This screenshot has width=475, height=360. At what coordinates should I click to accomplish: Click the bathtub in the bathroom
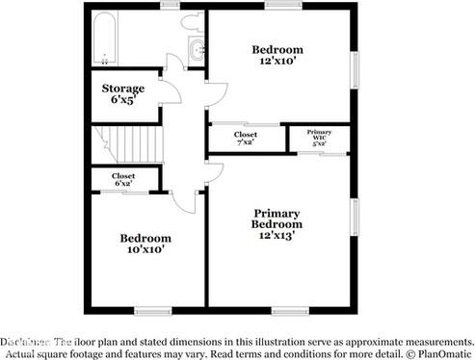pyautogui.click(x=103, y=39)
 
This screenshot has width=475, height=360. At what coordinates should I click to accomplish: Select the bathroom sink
pyautogui.click(x=198, y=50)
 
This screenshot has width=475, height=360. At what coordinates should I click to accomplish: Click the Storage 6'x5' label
pyautogui.click(x=123, y=93)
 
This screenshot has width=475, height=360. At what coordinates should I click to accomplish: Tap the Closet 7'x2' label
pyautogui.click(x=245, y=139)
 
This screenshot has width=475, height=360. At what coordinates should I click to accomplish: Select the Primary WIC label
pyautogui.click(x=319, y=136)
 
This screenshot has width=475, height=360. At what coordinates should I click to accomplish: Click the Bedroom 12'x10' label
pyautogui.click(x=277, y=56)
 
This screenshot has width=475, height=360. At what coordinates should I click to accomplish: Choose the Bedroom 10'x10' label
pyautogui.click(x=145, y=243)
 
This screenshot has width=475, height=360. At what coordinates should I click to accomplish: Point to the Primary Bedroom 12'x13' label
pyautogui.click(x=277, y=223)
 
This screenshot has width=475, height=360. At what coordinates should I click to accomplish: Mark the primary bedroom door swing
pyautogui.click(x=214, y=173)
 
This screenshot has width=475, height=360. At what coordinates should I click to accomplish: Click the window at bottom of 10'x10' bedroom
pyautogui.click(x=152, y=310)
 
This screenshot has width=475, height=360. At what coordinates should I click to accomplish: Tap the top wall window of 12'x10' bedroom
pyautogui.click(x=283, y=5)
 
